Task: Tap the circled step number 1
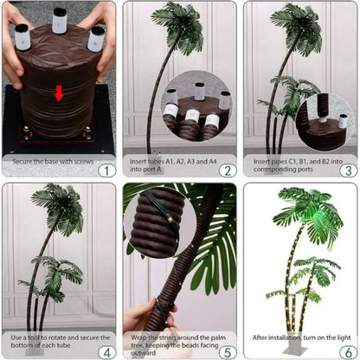pyautogui.click(x=105, y=169)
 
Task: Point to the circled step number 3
pyautogui.click(x=346, y=169)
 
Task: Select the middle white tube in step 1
pyautogui.click(x=59, y=20)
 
